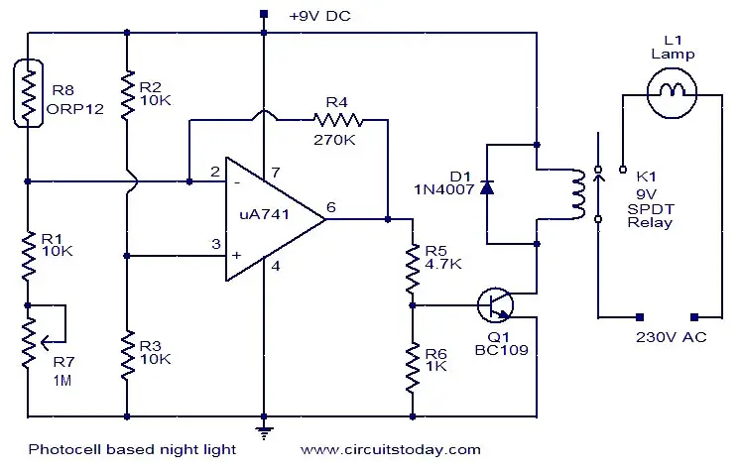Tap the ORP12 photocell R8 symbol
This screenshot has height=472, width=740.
[x=28, y=95]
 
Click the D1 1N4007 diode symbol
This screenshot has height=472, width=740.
[x=486, y=186]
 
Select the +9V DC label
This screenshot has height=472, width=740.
[x=319, y=17]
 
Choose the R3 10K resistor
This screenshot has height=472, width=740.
[x=128, y=356]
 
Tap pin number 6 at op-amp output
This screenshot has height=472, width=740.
[x=331, y=207]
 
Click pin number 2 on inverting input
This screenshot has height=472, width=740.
[x=214, y=172]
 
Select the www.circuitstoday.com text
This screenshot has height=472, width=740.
[x=391, y=449]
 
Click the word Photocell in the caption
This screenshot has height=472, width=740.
[x=58, y=449]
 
